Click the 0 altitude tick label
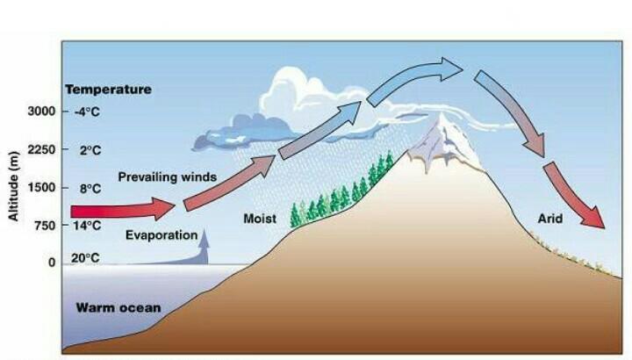(x=52, y=262)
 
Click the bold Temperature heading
(x=108, y=89)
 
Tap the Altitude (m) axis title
(x=14, y=186)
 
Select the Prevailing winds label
(x=167, y=176)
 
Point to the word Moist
(x=260, y=218)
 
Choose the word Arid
(x=551, y=218)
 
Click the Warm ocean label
(x=118, y=308)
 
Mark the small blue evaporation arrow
(x=204, y=247)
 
